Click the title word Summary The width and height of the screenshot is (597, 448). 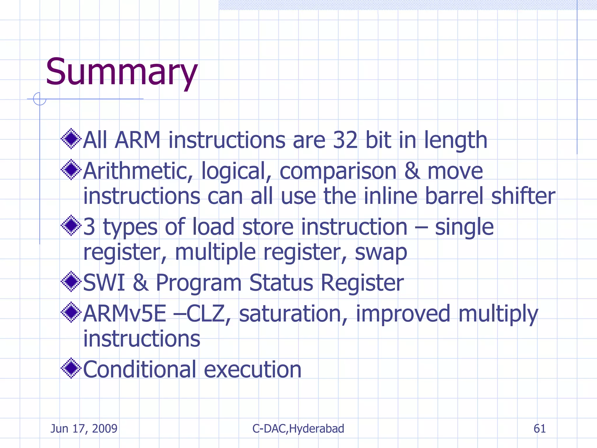coord(122,72)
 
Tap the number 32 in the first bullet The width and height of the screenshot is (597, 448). coord(345,140)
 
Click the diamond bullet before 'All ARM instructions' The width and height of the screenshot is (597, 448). coord(71,139)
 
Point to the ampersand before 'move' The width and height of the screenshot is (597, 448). coord(412,171)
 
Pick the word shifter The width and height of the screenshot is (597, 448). coord(523,196)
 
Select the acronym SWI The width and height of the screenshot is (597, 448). coord(104,283)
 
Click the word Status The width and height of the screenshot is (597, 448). coord(281,283)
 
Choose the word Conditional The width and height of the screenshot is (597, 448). coord(140,370)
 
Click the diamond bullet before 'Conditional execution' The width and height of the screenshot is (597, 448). coord(71,368)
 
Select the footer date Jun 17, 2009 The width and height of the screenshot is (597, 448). coord(84,429)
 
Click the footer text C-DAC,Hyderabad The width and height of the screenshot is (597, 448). coord(298,429)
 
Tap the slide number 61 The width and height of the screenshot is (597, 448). coord(540,429)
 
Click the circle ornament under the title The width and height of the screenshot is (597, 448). coord(40,99)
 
